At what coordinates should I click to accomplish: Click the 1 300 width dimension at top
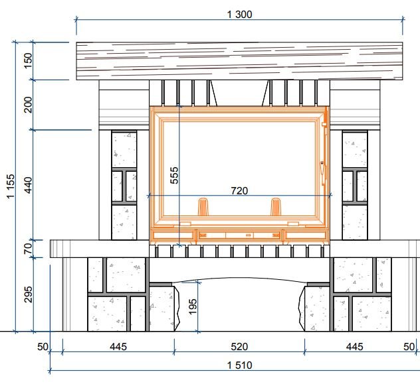pos(239,15)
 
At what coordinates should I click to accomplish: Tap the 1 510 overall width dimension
pos(239,365)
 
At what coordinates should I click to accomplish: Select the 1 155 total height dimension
pos(11,186)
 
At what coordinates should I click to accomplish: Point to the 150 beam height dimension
pos(28,61)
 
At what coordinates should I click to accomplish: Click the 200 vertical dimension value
pos(28,105)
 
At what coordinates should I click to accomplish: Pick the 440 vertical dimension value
pos(28,185)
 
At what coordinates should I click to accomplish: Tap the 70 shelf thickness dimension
pos(28,249)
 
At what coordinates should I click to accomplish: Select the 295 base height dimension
pos(28,294)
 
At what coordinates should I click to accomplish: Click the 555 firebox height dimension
pos(174,175)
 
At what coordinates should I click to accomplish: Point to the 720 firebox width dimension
pos(239,191)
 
